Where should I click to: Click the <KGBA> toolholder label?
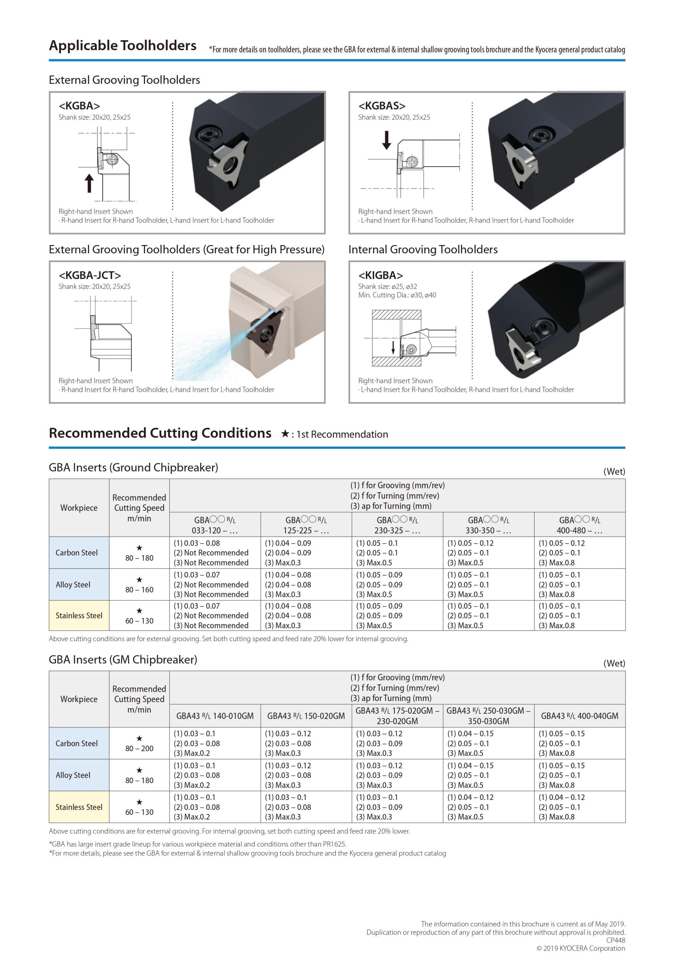point(79,106)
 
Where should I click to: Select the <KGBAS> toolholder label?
point(382,106)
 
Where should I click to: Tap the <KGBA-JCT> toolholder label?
point(90,275)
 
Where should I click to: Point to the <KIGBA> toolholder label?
point(380,275)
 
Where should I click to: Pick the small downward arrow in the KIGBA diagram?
point(393,347)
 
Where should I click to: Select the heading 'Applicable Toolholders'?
point(123,46)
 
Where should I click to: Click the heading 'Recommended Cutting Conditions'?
point(160,433)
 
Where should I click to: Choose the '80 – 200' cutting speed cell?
point(139,748)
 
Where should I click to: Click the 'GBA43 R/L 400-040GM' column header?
point(580,716)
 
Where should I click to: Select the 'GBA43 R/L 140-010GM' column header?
point(215,716)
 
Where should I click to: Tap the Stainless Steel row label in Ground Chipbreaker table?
point(79,615)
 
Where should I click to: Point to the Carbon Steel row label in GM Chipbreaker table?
point(77,743)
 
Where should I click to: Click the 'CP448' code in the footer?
point(615,940)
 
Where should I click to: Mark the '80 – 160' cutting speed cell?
point(139,589)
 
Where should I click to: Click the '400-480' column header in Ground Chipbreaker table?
point(580,525)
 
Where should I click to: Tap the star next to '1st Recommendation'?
point(285,434)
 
